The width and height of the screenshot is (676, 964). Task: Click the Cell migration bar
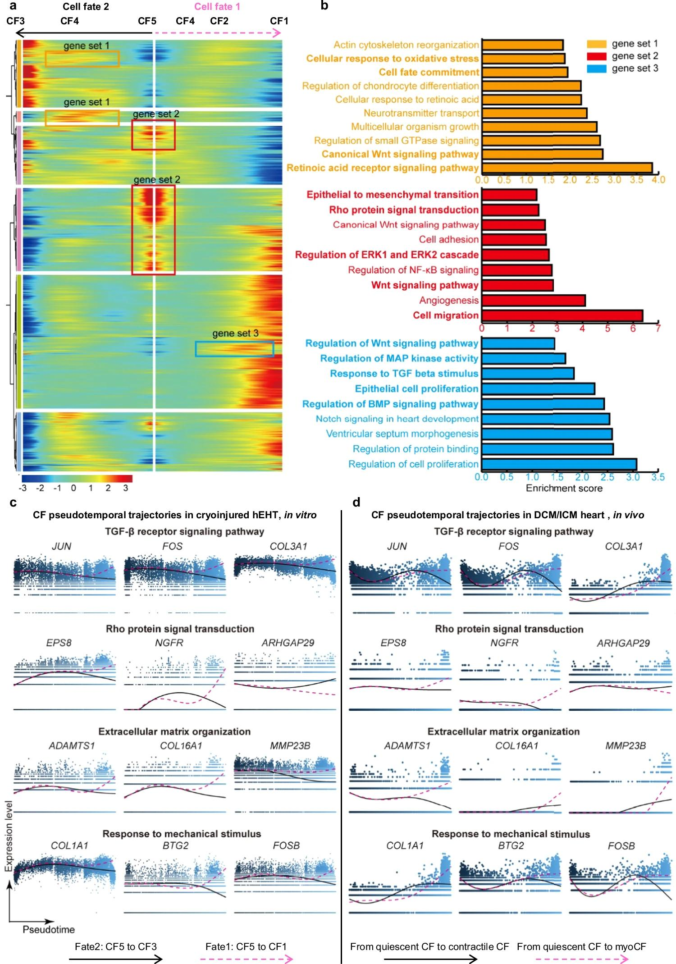pyautogui.click(x=562, y=315)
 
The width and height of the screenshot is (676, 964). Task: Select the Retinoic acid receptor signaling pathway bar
pyautogui.click(x=567, y=168)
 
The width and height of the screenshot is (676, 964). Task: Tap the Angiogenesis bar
pyautogui.click(x=533, y=300)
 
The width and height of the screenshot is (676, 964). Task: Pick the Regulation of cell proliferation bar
pyautogui.click(x=559, y=464)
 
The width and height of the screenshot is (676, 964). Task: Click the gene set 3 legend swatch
pyautogui.click(x=596, y=69)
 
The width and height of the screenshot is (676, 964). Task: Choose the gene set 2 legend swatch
pyautogui.click(x=596, y=56)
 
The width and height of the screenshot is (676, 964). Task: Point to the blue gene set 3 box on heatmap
pyautogui.click(x=234, y=349)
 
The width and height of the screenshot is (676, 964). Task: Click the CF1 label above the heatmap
pyautogui.click(x=279, y=21)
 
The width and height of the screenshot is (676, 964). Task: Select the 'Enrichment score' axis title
pyautogui.click(x=564, y=488)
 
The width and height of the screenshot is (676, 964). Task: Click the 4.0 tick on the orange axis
pyautogui.click(x=658, y=180)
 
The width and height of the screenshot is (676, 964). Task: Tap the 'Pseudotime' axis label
pyautogui.click(x=49, y=929)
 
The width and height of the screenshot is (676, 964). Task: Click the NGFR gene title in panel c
pyautogui.click(x=169, y=643)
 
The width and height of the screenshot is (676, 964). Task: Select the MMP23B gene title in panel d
pyautogui.click(x=625, y=746)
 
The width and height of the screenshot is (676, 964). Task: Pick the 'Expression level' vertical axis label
pyautogui.click(x=8, y=836)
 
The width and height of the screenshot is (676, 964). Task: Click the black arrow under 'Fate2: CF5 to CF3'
pyautogui.click(x=115, y=959)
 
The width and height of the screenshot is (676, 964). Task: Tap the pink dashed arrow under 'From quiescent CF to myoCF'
pyautogui.click(x=581, y=959)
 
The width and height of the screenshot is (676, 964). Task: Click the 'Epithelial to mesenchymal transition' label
pyautogui.click(x=393, y=195)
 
